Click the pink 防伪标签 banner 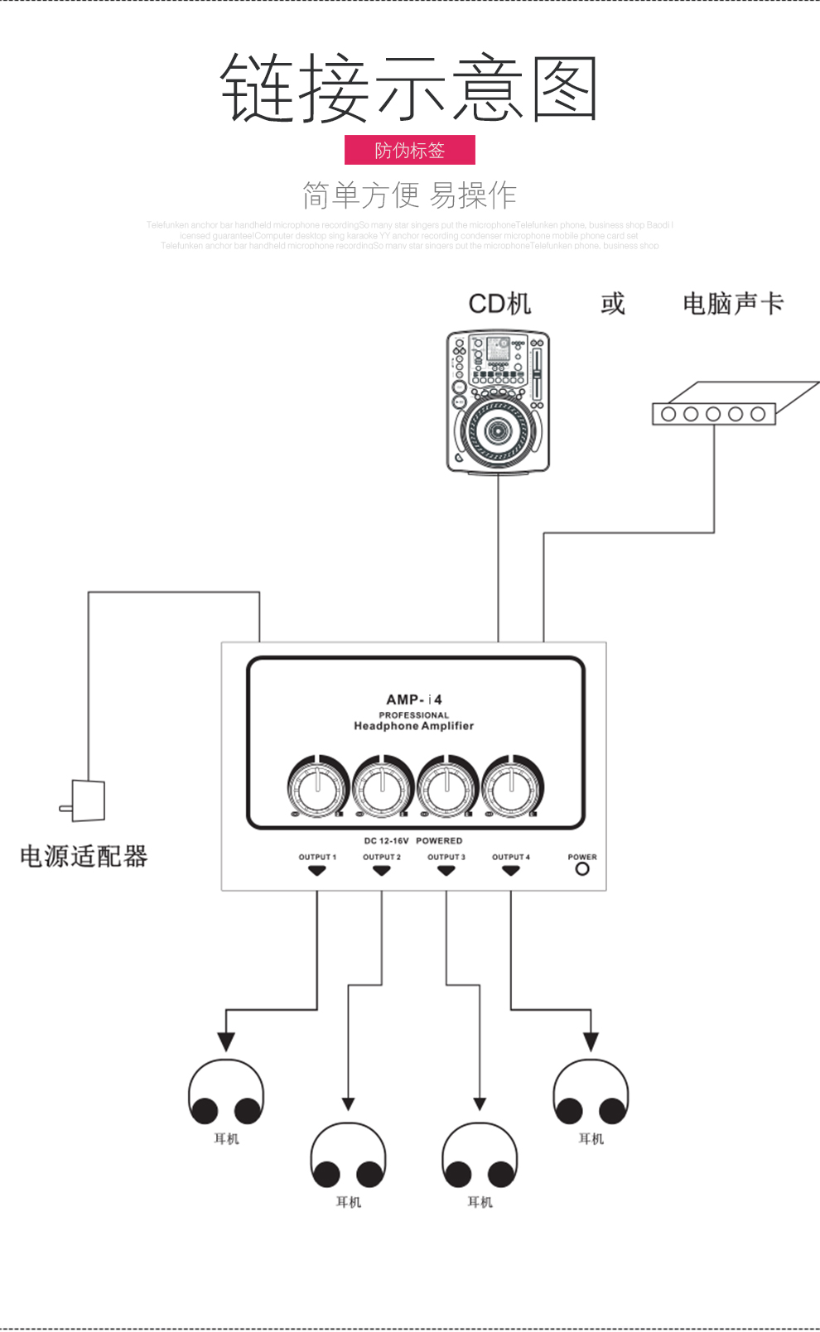(x=409, y=150)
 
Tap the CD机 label (x=499, y=304)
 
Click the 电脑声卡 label (x=732, y=304)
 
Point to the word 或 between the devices (x=612, y=304)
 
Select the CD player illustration (x=498, y=402)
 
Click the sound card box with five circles (x=714, y=413)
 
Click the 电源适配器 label (x=84, y=856)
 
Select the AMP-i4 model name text (x=413, y=700)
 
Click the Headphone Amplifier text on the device (x=413, y=726)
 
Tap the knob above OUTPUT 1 (x=317, y=787)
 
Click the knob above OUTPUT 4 (x=511, y=787)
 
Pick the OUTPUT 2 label (x=382, y=857)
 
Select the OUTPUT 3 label (x=446, y=857)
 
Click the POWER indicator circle (x=582, y=869)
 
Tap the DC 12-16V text (x=386, y=840)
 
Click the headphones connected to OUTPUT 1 (x=226, y=1093)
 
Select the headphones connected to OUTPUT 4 (x=591, y=1093)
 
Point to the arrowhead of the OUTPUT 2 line (x=349, y=1104)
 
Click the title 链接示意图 (x=409, y=88)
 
